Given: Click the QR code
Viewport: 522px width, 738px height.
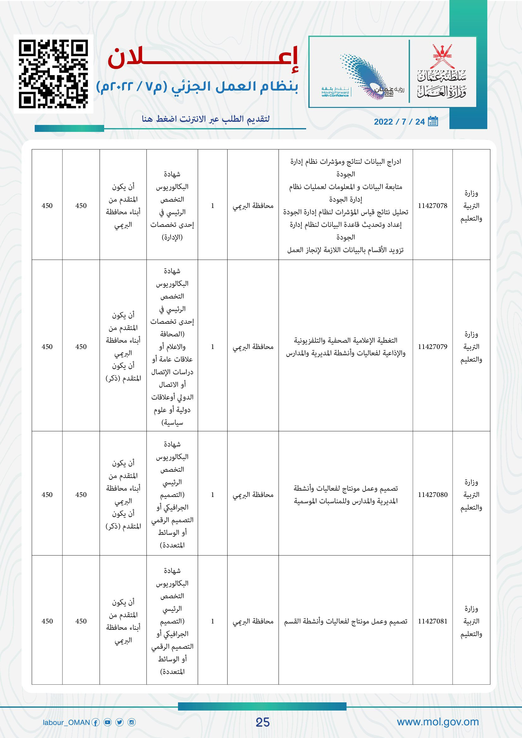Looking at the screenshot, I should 53,74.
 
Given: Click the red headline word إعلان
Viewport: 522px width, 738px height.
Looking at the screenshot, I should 203,58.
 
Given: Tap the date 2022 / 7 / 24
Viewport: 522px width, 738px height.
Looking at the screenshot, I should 399,122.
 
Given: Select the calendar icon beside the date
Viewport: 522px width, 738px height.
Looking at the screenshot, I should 433,121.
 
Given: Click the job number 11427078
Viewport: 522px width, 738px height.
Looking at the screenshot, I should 432,206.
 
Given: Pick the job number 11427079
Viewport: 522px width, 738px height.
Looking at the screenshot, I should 432,347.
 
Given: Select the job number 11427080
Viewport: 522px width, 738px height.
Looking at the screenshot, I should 432,495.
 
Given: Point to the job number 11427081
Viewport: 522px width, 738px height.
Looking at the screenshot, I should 432,621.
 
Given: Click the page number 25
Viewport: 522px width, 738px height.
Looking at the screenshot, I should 262,722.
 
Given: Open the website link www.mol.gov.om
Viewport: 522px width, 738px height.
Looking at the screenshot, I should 437,722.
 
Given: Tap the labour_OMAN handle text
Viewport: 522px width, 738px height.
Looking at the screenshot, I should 66,723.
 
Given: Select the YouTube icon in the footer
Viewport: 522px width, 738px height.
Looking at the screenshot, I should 108,723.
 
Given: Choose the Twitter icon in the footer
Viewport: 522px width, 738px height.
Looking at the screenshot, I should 120,723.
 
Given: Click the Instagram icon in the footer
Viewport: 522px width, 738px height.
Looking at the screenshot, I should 132,723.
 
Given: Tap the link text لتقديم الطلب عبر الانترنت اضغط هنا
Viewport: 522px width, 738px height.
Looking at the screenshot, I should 206,119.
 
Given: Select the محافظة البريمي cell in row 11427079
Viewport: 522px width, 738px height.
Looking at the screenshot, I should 253,347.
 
